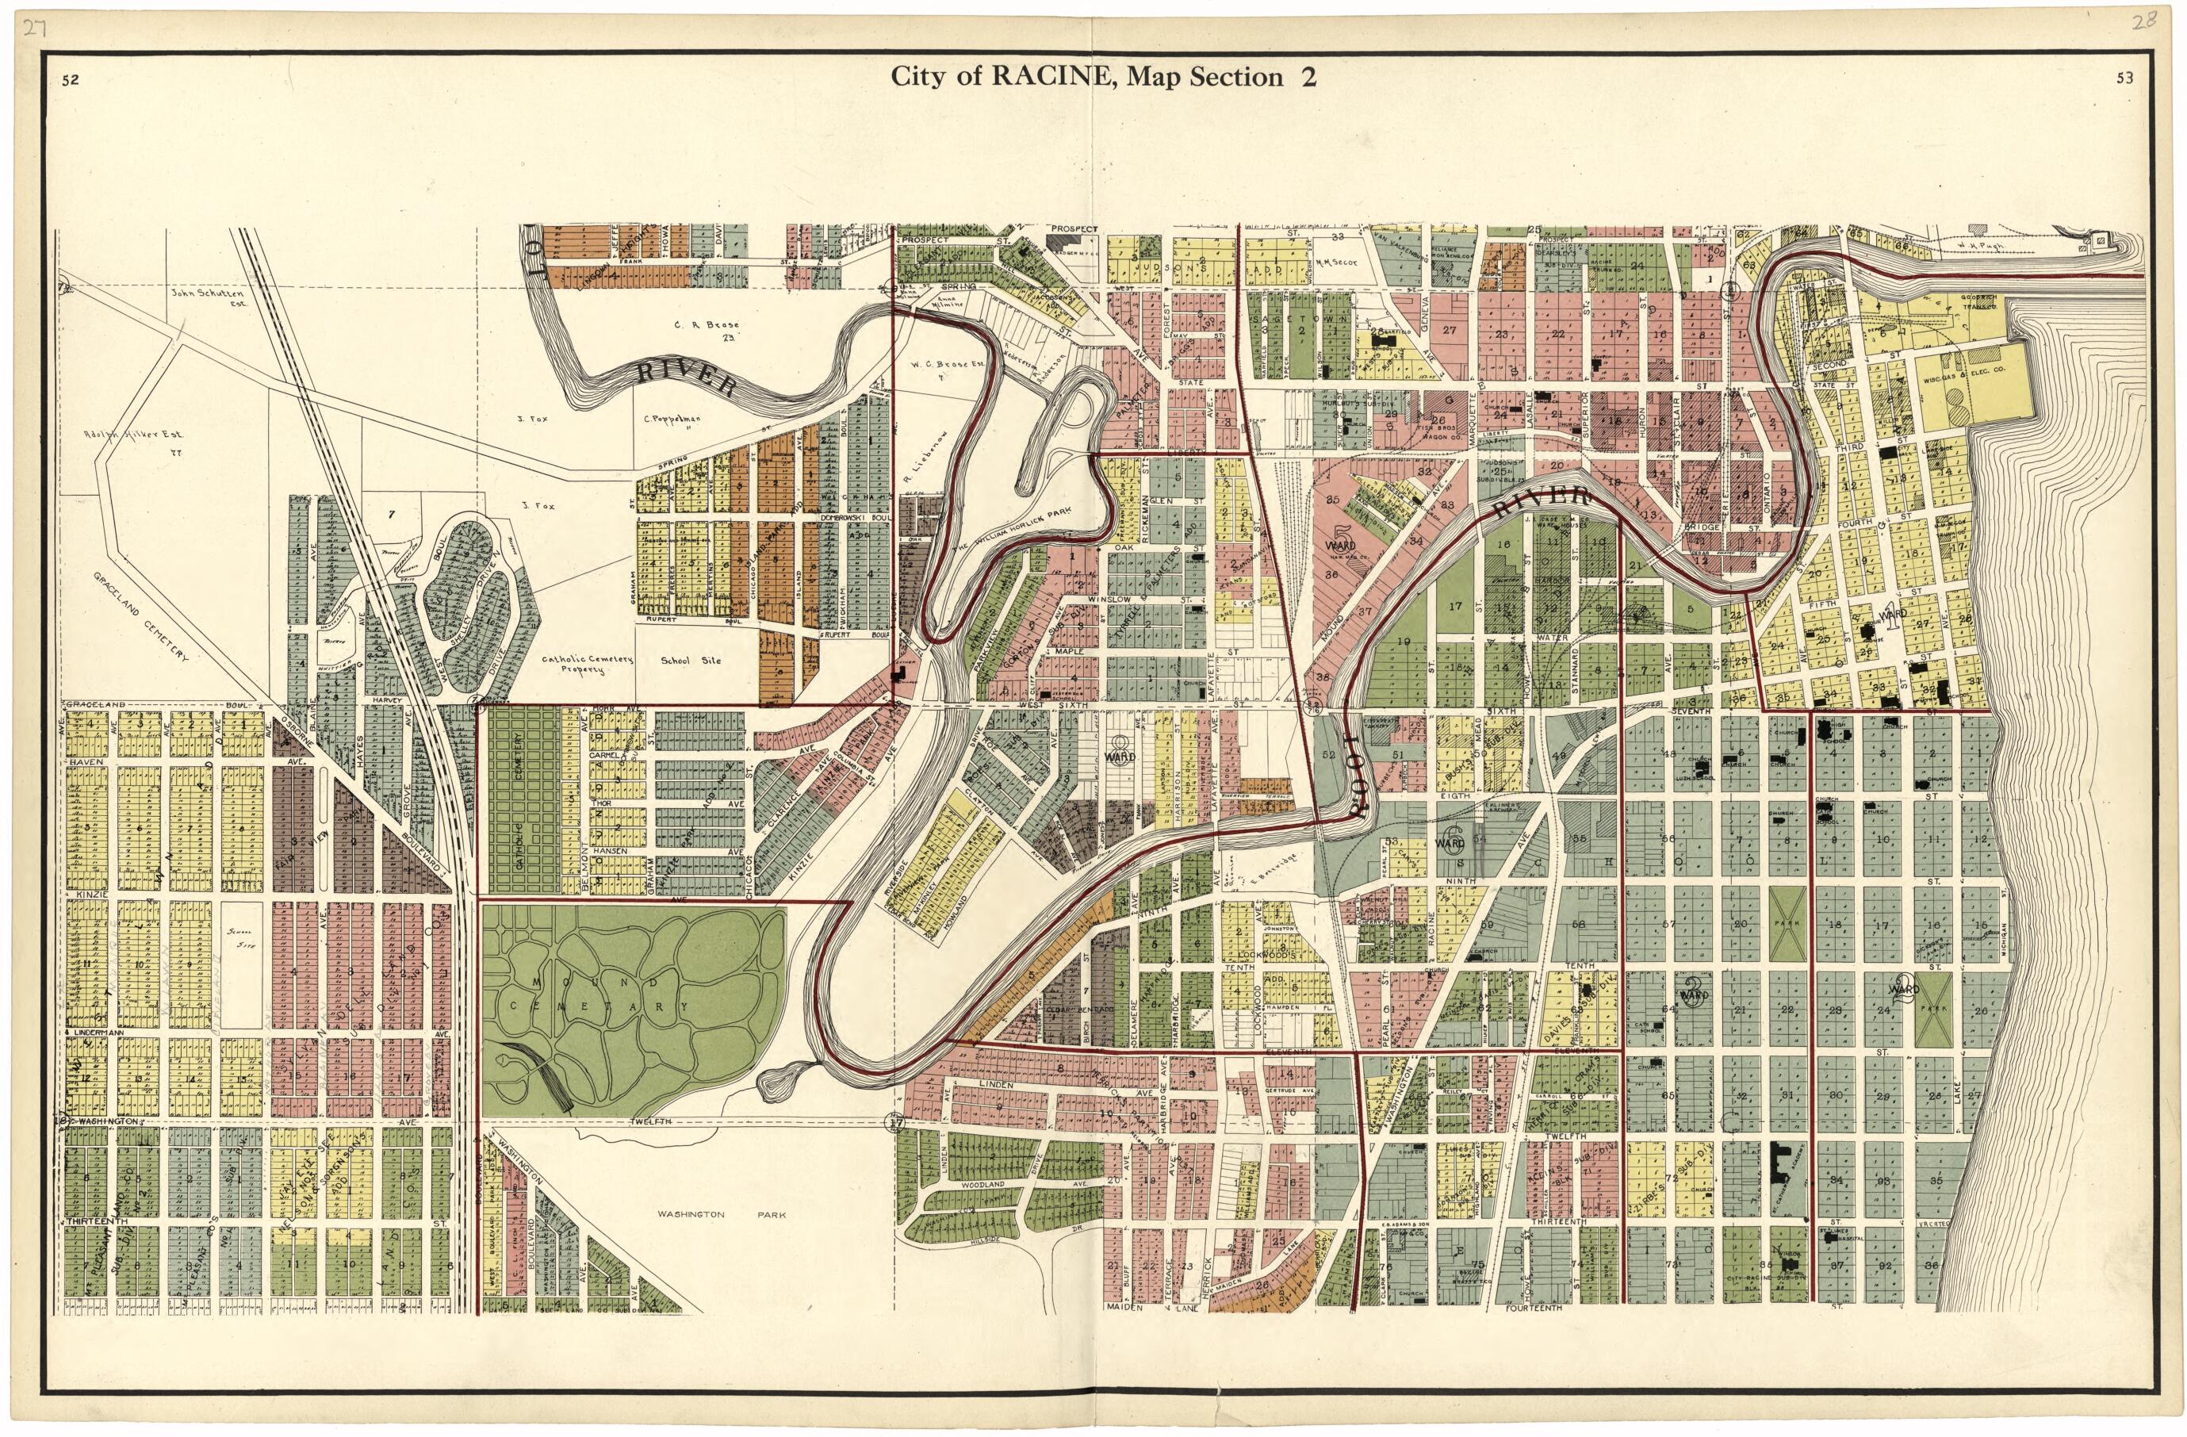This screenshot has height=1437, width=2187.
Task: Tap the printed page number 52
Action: coord(70,80)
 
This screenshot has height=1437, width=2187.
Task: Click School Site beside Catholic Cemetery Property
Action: coord(691,660)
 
